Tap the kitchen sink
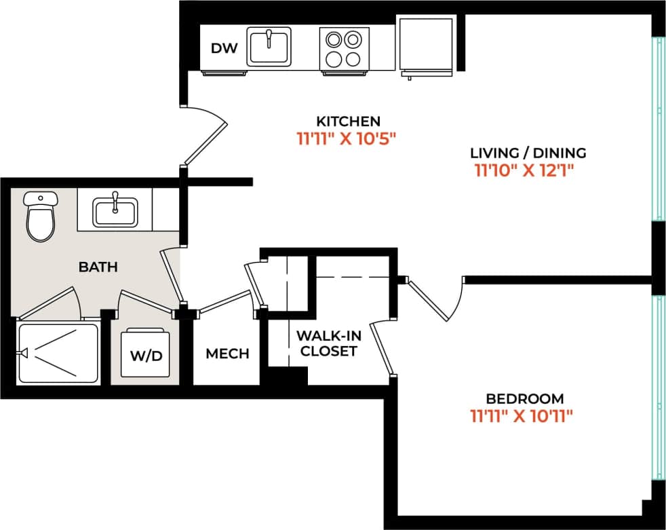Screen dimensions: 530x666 269,46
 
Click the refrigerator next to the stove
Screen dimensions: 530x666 425,44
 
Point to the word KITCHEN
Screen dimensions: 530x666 349,121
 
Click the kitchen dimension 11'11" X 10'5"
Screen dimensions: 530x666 346,139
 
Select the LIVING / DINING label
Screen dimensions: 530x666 528,153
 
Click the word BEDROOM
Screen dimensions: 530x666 524,398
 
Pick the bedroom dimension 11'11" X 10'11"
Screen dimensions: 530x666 522,416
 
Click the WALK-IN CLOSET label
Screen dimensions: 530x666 328,343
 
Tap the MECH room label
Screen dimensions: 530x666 227,354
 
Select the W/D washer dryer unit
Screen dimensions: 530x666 145,354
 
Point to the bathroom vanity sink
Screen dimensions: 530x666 115,210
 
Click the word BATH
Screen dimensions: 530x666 98,267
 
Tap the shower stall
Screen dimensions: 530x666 58,353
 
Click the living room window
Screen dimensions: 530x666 657,129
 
